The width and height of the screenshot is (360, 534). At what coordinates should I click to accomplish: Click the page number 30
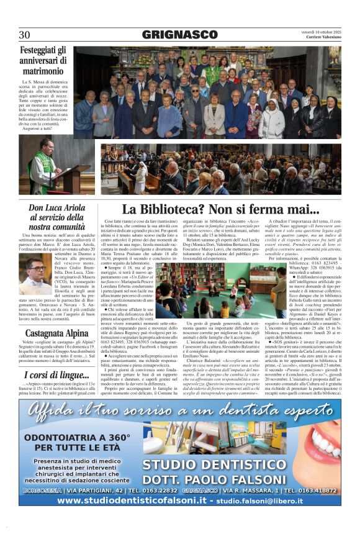click(24, 35)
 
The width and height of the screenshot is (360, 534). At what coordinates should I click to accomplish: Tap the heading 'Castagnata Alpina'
click(57, 333)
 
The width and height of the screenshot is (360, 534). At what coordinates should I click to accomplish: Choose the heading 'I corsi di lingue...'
click(57, 375)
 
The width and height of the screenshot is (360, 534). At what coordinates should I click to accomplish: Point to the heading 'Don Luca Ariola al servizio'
click(57, 217)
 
